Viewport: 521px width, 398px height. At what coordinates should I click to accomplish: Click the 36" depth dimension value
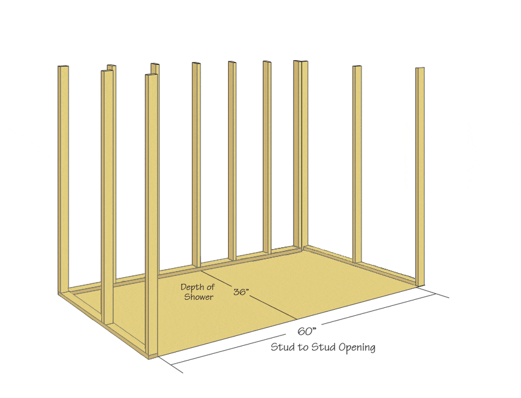click(241, 291)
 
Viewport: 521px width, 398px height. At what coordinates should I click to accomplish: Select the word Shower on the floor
click(199, 297)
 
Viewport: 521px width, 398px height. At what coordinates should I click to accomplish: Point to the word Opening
click(357, 348)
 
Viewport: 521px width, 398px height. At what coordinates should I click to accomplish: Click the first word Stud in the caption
click(283, 347)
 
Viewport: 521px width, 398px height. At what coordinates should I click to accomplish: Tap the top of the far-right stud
click(420, 69)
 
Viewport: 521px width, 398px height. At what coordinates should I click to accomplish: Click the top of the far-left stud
click(64, 67)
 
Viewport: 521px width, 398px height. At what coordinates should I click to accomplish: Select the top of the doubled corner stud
click(301, 61)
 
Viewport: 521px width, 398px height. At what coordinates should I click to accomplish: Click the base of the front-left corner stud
click(152, 356)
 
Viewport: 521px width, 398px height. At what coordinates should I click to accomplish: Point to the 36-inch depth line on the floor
click(248, 294)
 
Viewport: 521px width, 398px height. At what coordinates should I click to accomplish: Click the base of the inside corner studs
click(301, 247)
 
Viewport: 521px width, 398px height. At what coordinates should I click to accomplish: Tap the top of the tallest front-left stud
click(152, 75)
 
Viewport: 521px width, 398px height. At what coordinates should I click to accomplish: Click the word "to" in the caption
click(303, 348)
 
